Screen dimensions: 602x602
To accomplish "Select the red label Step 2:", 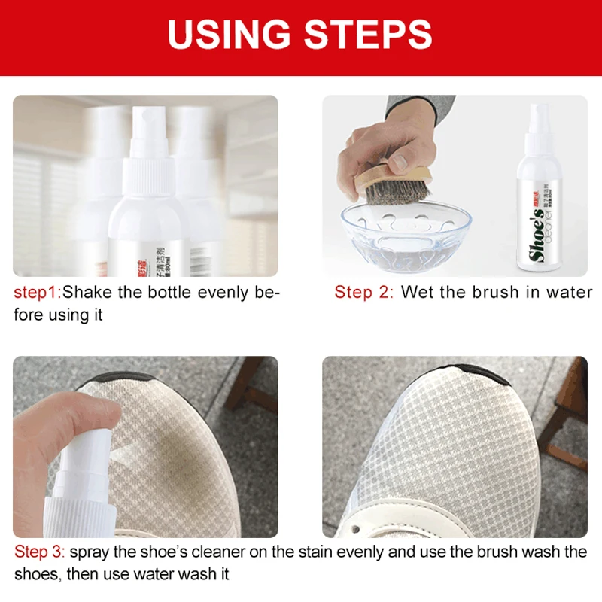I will [363, 293].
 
